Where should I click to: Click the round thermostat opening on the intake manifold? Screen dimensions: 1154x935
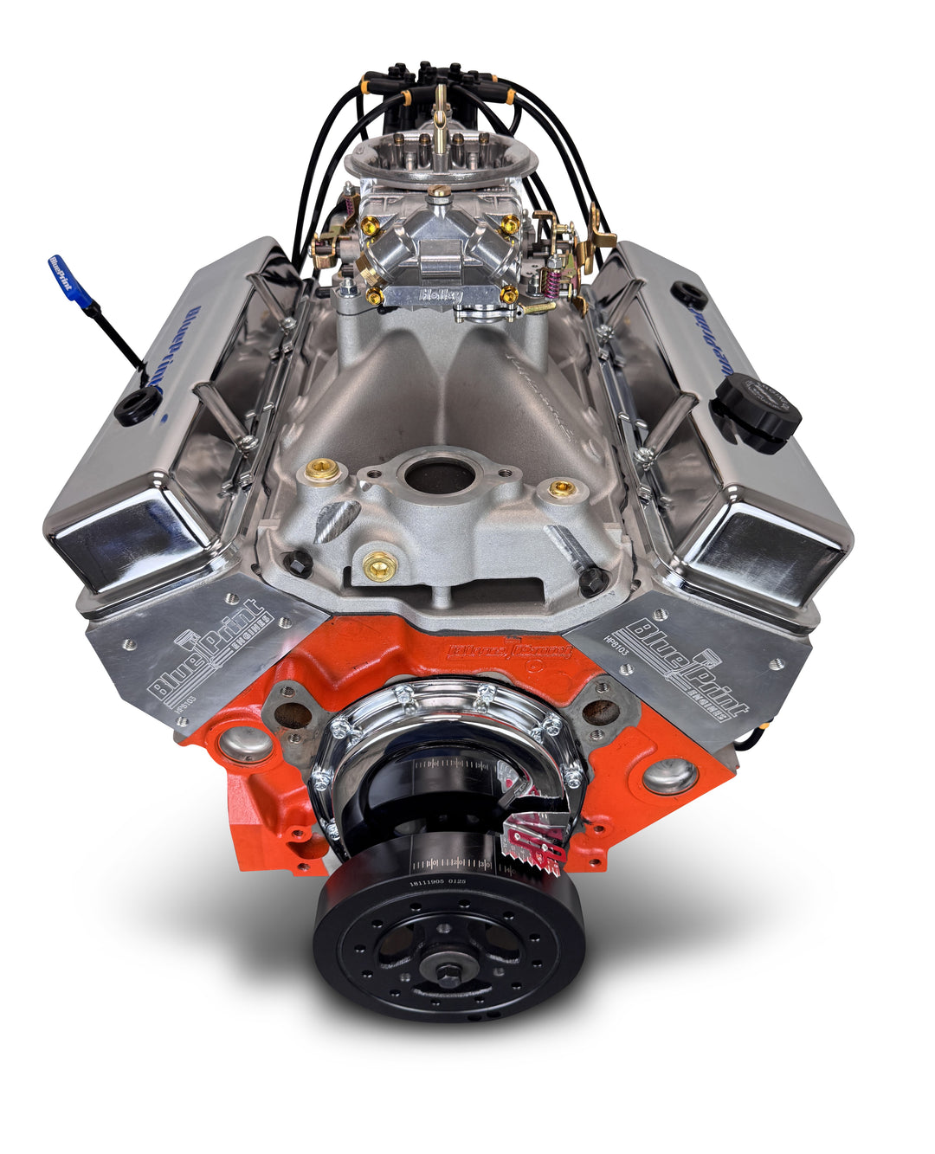[x=441, y=475]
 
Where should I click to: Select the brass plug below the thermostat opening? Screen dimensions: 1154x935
[x=380, y=567]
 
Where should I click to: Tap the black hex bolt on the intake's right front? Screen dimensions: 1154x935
[x=593, y=581]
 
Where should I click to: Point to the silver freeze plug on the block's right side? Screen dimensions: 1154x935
[x=669, y=776]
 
